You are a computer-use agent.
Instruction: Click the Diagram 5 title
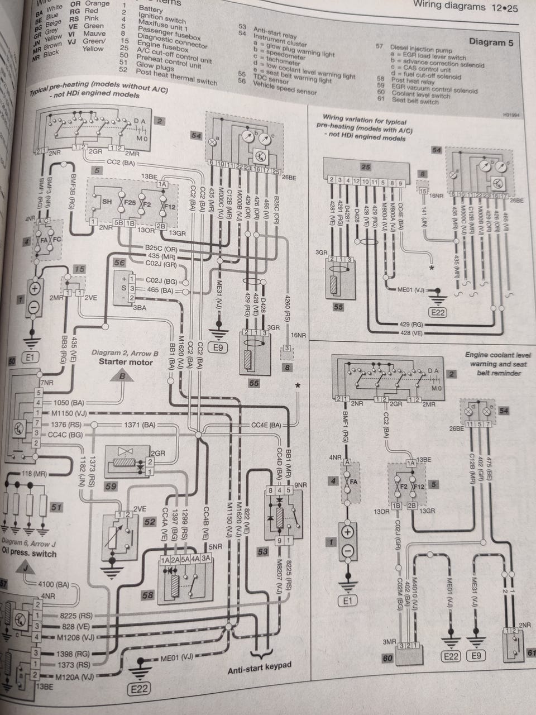(491, 42)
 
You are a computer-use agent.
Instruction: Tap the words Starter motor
(126, 361)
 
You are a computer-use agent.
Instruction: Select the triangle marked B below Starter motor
(122, 378)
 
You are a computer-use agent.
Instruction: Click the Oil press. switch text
(29, 554)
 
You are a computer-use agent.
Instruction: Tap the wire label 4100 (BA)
(54, 585)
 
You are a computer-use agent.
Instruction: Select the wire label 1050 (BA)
(69, 402)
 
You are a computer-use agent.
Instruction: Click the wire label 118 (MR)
(33, 473)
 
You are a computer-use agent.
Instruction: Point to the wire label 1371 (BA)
(140, 425)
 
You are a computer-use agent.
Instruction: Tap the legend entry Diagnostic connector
(171, 40)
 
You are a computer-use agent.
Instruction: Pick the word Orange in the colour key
(97, 3)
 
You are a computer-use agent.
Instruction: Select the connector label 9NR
(300, 485)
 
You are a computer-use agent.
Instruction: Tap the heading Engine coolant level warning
(498, 359)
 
